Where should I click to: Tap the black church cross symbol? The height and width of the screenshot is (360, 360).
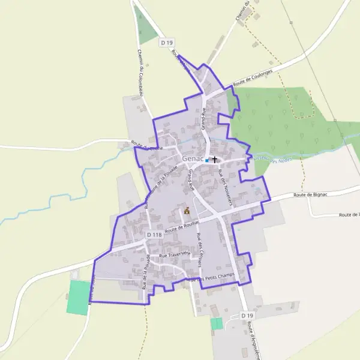214,160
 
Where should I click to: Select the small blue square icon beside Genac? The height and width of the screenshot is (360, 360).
206,161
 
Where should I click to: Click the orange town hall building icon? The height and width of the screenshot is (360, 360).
187,211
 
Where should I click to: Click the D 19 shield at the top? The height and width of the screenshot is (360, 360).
167,43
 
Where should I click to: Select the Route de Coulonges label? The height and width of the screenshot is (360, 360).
253,79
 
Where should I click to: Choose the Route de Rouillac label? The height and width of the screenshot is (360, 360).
182,225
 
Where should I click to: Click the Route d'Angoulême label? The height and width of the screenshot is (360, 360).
253,339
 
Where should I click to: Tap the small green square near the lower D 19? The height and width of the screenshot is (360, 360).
216,323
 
